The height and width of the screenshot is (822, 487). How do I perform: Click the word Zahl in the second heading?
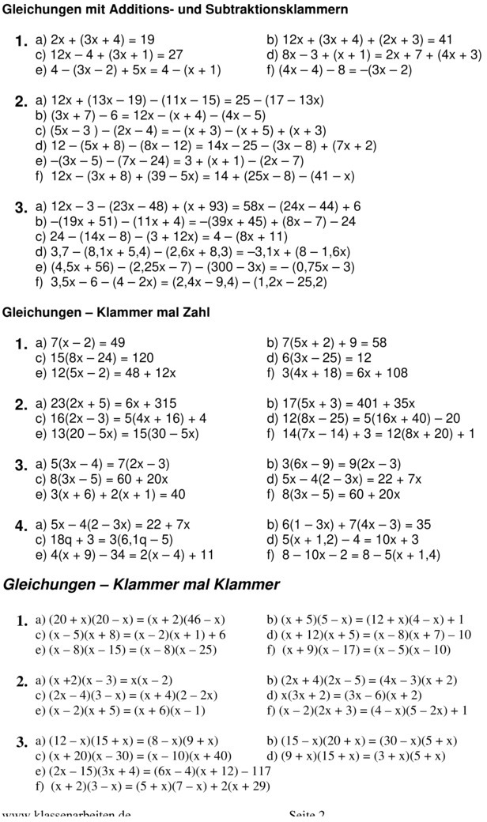pyautogui.click(x=193, y=312)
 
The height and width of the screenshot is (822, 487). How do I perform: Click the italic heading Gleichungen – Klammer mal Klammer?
pyautogui.click(x=142, y=585)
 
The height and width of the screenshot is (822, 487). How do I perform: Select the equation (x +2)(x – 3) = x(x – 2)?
pyautogui.click(x=111, y=680)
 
